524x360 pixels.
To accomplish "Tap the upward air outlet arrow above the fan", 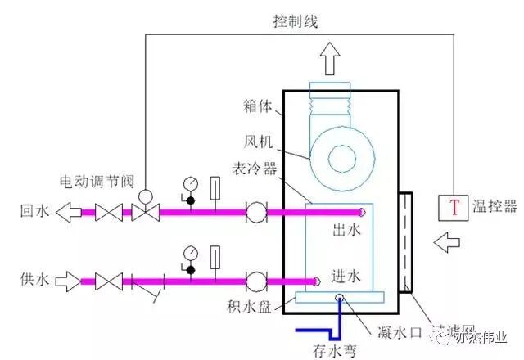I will point(330,60).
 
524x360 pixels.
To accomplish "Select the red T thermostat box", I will point(451,208).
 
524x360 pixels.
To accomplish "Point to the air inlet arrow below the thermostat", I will point(449,242).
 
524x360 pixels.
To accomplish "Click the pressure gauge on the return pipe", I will point(190,182).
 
